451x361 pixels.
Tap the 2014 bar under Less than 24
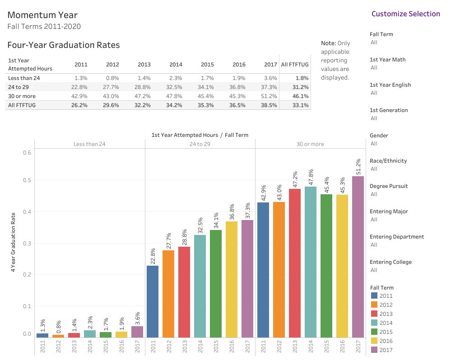(x=90, y=334)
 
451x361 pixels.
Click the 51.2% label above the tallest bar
(x=358, y=166)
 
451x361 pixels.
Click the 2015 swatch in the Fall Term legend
(x=374, y=332)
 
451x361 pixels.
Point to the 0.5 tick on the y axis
(x=27, y=180)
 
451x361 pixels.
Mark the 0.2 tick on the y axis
(x=27, y=275)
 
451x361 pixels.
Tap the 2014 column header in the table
(x=176, y=65)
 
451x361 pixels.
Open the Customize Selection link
(x=405, y=14)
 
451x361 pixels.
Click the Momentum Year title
(x=42, y=15)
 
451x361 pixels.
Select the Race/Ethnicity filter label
(x=388, y=161)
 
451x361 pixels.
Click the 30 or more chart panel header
(x=310, y=144)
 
